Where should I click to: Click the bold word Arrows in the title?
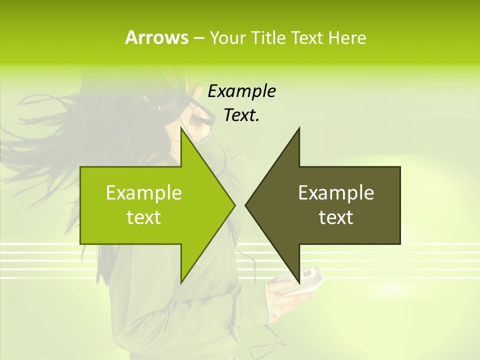click(156, 37)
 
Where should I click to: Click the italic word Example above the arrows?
click(241, 91)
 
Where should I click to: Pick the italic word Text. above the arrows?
click(241, 115)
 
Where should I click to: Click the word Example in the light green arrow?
click(143, 193)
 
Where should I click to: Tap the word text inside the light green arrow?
click(143, 217)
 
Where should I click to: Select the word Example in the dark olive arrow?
click(336, 193)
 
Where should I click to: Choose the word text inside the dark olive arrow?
click(336, 217)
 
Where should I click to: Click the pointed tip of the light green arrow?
click(234, 205)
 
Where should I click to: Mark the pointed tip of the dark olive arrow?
click(246, 205)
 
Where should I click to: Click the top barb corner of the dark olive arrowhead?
click(299, 128)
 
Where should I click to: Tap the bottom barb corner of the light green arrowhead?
click(181, 282)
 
